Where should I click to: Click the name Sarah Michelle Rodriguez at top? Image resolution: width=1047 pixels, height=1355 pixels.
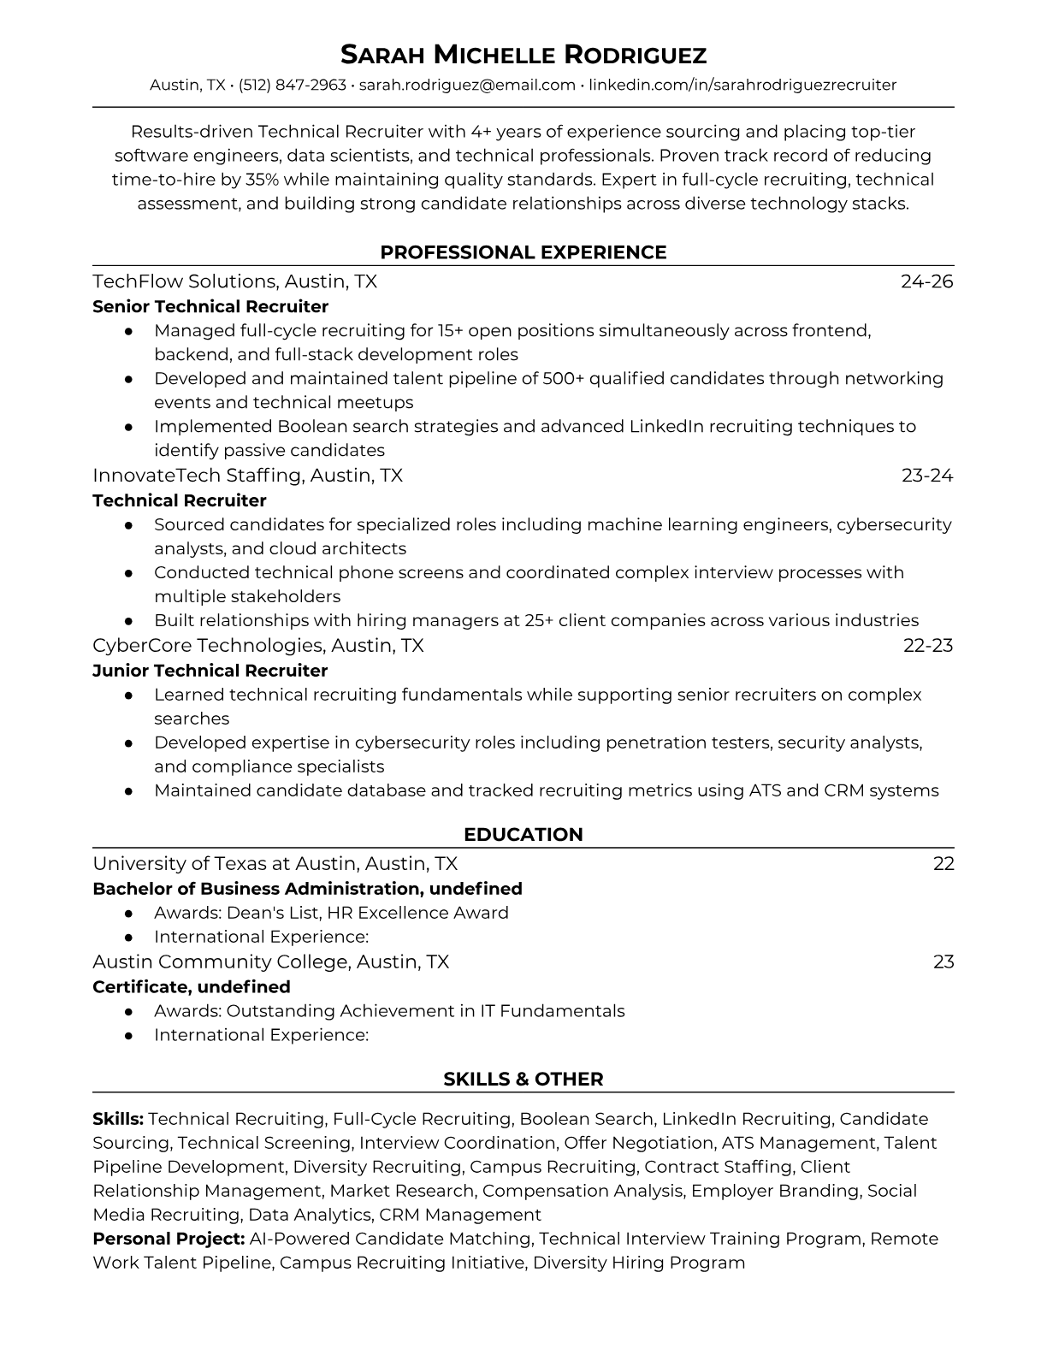(523, 55)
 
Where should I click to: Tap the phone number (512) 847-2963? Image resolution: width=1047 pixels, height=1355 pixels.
(293, 85)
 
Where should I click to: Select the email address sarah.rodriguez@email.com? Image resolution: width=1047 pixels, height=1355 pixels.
(467, 85)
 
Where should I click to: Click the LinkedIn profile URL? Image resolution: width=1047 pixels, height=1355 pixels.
(742, 85)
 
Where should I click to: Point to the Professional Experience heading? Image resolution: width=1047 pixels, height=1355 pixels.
(523, 252)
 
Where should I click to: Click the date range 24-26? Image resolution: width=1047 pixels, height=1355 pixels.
(926, 281)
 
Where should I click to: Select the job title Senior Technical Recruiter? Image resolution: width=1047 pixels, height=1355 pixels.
(210, 306)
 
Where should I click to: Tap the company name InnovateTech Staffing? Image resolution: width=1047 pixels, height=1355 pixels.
(197, 475)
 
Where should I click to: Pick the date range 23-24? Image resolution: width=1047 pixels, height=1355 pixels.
(926, 475)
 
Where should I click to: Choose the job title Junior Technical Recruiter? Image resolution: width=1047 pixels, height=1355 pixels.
(210, 671)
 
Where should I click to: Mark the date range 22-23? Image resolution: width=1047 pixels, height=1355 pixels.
(927, 645)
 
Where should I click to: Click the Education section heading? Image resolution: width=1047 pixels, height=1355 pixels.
(523, 835)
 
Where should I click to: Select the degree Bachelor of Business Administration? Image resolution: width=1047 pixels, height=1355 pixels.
(256, 889)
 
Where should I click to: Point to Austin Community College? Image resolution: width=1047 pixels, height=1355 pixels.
(221, 962)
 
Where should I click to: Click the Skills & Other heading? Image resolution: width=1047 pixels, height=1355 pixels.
(523, 1080)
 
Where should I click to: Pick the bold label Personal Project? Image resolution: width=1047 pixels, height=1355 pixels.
(169, 1239)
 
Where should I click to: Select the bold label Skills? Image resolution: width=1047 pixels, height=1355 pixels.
(117, 1119)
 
